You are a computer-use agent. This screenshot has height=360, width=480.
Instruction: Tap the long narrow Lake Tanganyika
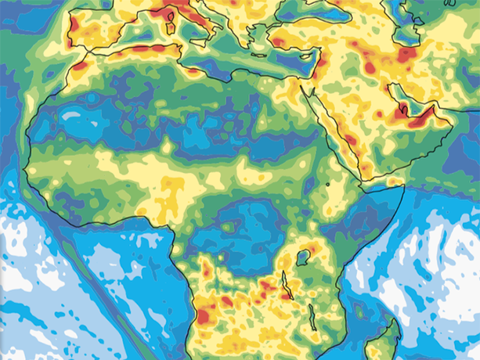click(284, 285)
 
